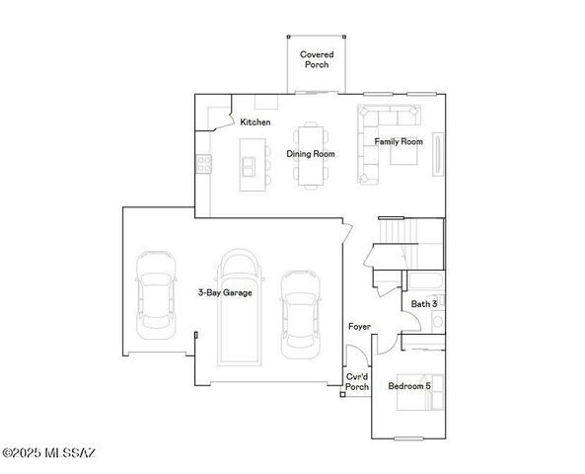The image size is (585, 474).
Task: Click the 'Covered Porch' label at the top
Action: (x=316, y=59)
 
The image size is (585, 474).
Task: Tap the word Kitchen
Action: (x=256, y=122)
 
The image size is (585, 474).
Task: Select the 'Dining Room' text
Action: (x=311, y=154)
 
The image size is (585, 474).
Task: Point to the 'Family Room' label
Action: (x=399, y=142)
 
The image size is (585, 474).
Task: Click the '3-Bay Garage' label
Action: (x=225, y=293)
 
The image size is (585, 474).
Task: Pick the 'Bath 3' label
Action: (x=424, y=304)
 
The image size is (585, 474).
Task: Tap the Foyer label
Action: (x=359, y=327)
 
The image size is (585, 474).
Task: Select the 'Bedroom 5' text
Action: (x=408, y=386)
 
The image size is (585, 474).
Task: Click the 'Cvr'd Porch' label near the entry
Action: (x=357, y=382)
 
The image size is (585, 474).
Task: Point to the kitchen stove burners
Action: (x=204, y=165)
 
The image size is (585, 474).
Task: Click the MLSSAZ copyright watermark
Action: (x=49, y=453)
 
